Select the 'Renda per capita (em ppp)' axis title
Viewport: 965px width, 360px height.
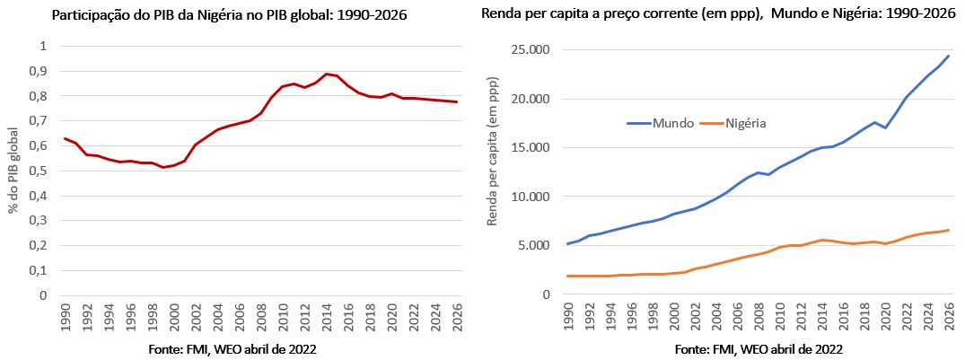click(x=493, y=171)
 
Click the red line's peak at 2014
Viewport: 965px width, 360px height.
click(x=326, y=74)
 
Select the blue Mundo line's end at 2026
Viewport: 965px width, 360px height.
click(x=948, y=56)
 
